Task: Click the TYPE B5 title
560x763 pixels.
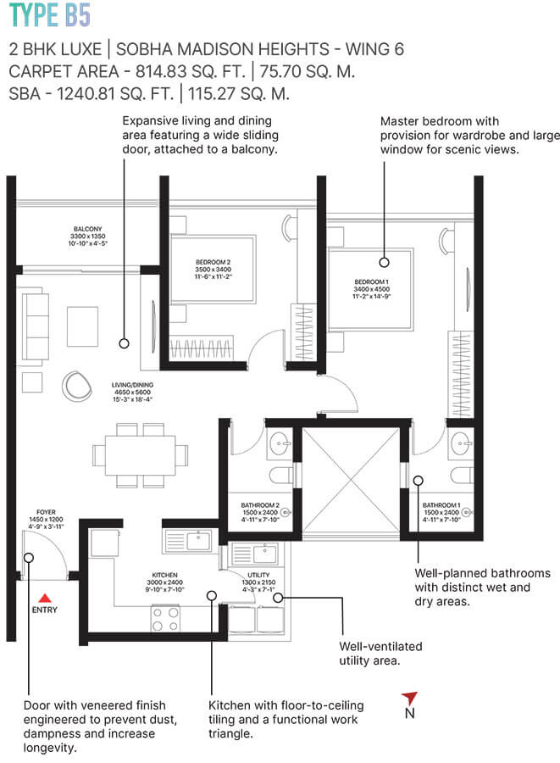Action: pyautogui.click(x=47, y=15)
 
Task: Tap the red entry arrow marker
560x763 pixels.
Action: pyautogui.click(x=44, y=597)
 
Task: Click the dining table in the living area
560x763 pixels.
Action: pyautogui.click(x=141, y=456)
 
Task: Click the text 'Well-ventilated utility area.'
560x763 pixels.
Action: pyautogui.click(x=380, y=653)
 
